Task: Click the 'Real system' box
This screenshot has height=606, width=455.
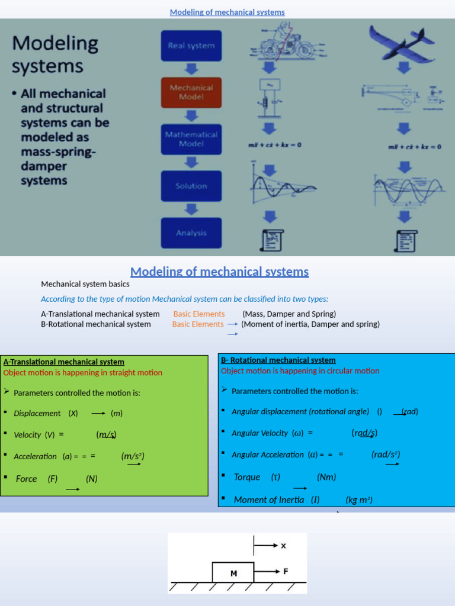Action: point(191,46)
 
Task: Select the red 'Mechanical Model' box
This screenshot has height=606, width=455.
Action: point(191,92)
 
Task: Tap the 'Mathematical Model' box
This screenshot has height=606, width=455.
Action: point(191,139)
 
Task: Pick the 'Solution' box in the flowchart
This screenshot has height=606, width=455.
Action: point(191,186)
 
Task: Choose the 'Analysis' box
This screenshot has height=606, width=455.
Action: point(191,233)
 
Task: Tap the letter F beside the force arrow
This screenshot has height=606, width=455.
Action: point(286,571)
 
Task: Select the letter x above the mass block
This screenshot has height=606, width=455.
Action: point(283,546)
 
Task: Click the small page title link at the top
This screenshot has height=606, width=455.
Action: point(227,12)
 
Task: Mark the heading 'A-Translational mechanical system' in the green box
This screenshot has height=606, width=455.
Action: point(64,362)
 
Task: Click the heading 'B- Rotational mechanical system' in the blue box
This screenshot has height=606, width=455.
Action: point(278,360)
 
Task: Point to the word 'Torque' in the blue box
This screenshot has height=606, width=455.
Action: point(247,477)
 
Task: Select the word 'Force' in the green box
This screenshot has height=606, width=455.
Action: point(26,479)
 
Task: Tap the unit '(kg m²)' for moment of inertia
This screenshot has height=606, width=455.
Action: point(359,499)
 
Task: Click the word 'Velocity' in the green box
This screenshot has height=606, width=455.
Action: point(27,434)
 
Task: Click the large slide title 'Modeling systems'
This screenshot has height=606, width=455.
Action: point(55,53)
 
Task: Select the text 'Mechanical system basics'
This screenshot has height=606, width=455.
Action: point(85,284)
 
